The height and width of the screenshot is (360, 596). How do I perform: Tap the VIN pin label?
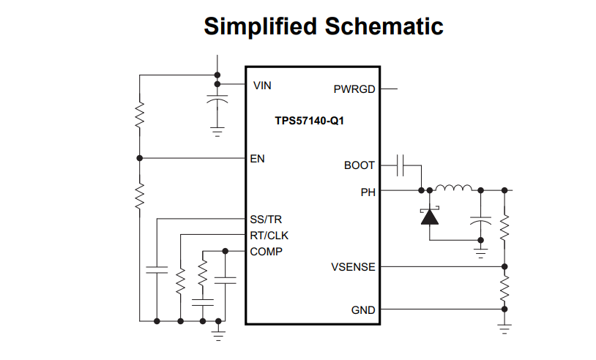tap(262, 86)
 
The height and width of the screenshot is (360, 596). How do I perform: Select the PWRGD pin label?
tap(354, 89)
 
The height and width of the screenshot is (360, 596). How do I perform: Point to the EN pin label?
tap(258, 158)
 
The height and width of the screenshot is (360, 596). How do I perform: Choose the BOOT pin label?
tap(360, 165)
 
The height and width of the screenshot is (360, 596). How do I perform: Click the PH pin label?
tap(368, 192)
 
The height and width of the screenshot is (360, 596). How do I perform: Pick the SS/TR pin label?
tap(266, 219)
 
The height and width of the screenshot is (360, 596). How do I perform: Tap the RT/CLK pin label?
tap(269, 236)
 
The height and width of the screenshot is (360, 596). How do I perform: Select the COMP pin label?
tap(267, 252)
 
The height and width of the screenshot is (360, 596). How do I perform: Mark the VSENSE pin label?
tap(353, 267)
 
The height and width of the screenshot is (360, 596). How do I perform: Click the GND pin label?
tap(363, 310)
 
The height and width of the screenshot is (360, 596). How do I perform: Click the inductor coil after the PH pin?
tap(454, 189)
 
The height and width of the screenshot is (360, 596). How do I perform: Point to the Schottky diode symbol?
tap(428, 217)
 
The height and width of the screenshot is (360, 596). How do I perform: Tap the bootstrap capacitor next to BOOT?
tap(401, 165)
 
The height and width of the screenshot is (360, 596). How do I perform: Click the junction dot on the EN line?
tap(139, 158)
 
